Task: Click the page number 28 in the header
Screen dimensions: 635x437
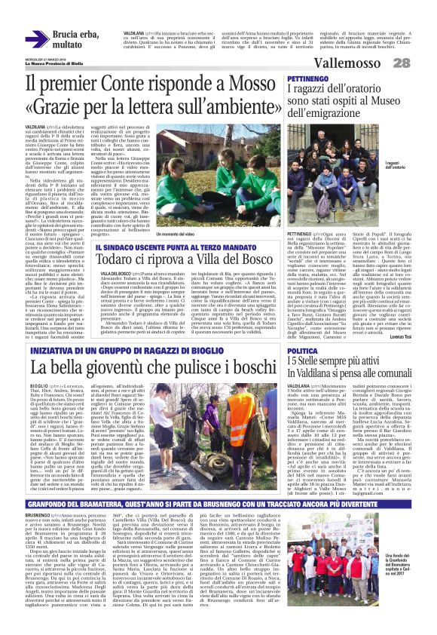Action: (423, 63)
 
